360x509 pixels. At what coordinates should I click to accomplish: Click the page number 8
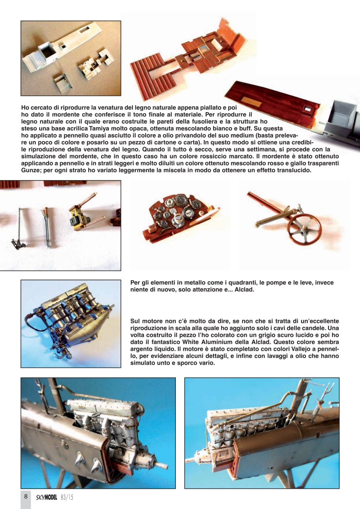(25, 496)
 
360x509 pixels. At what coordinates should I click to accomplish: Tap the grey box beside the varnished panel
(342, 119)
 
